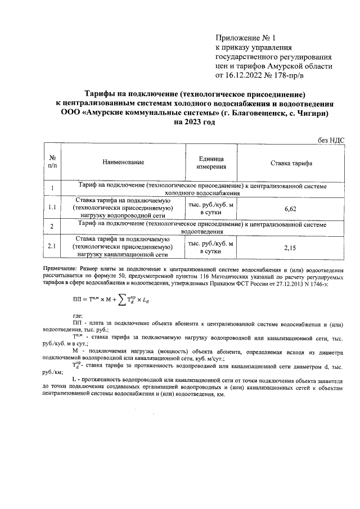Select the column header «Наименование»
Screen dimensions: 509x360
pyautogui.click(x=123, y=163)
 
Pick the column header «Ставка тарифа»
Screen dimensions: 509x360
pyautogui.click(x=292, y=163)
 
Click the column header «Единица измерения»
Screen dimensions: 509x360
pyautogui.click(x=211, y=163)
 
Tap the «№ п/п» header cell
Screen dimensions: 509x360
pyautogui.click(x=52, y=163)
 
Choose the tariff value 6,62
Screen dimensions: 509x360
pyautogui.click(x=291, y=208)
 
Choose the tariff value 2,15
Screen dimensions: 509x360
pyautogui.click(x=291, y=247)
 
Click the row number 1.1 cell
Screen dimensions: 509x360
pyautogui.click(x=52, y=208)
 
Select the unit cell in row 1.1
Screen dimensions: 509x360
pyautogui.click(x=211, y=208)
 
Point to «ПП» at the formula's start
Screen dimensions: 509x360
pyautogui.click(x=79, y=300)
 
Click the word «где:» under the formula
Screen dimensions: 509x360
pyautogui.click(x=79, y=317)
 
